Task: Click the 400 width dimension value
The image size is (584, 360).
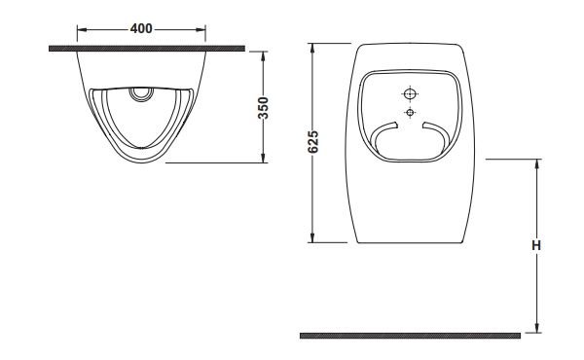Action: (141, 28)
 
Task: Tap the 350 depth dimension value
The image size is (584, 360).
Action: (264, 108)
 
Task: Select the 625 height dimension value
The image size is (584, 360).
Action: (313, 142)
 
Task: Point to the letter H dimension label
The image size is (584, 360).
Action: (536, 246)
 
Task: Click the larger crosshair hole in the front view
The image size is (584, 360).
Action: (410, 93)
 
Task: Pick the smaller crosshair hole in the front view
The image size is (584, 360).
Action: (410, 112)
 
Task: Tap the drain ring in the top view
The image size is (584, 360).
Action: (141, 93)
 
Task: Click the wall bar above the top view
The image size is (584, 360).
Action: (147, 49)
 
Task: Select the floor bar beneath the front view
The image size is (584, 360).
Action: (410, 336)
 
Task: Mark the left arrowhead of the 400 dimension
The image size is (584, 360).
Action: (82, 29)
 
